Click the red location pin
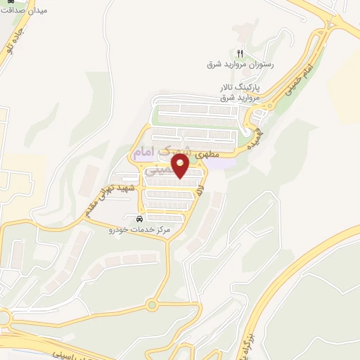coord(181,166)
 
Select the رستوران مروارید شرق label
coord(240,65)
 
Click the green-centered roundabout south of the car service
coord(151,304)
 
